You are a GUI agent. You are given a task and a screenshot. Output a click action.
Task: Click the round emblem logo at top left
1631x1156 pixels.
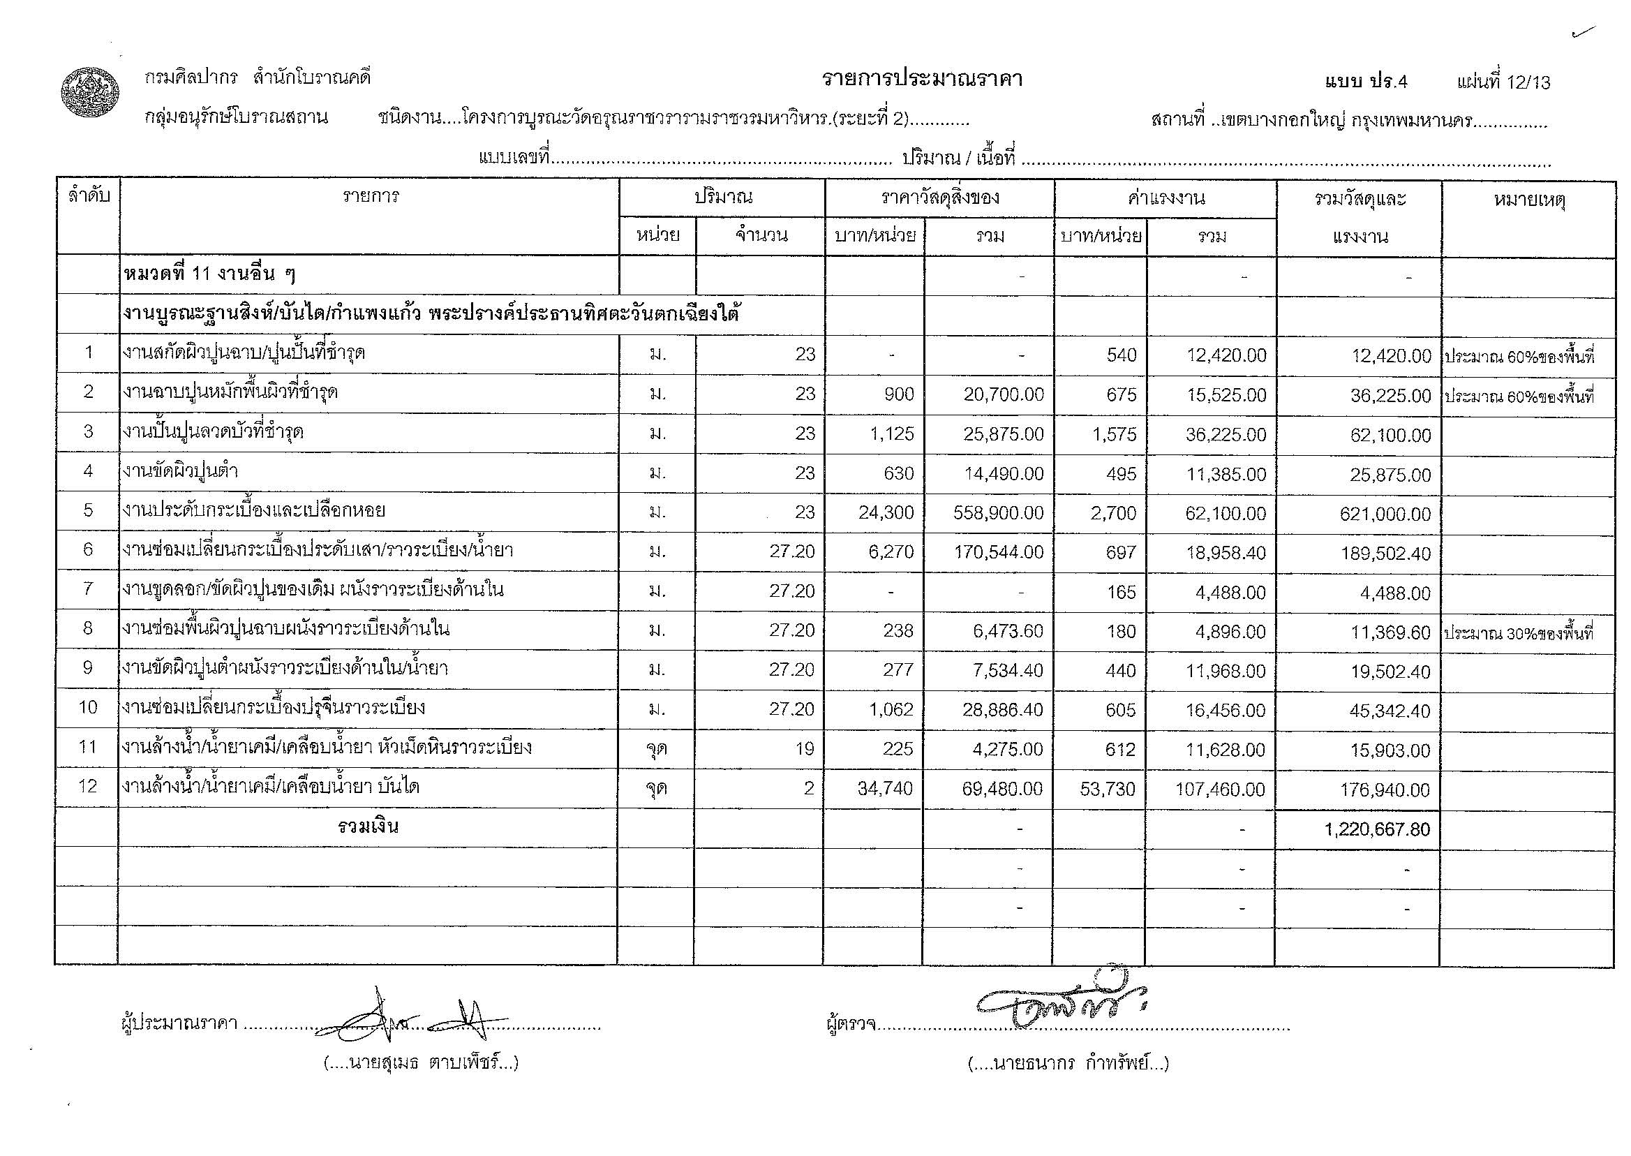pyautogui.click(x=89, y=93)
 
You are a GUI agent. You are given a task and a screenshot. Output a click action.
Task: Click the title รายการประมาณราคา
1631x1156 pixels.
pyautogui.click(x=921, y=79)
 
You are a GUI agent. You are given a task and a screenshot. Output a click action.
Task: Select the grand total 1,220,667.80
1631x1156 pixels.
pyautogui.click(x=1377, y=829)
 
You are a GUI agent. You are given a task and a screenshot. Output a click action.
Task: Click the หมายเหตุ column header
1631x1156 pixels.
pyautogui.click(x=1528, y=200)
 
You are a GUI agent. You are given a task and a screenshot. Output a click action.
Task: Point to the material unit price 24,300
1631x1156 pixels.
pyautogui.click(x=886, y=512)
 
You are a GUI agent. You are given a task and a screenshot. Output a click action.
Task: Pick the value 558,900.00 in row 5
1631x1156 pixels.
pyautogui.click(x=999, y=512)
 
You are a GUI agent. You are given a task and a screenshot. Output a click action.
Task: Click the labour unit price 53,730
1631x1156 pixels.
pyautogui.click(x=1108, y=789)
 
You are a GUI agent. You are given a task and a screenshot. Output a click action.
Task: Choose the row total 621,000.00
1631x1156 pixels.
pyautogui.click(x=1385, y=513)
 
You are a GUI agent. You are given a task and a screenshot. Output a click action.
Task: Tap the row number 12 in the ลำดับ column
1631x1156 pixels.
pyautogui.click(x=87, y=786)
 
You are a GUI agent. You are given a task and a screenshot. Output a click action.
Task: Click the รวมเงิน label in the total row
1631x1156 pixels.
pyautogui.click(x=368, y=827)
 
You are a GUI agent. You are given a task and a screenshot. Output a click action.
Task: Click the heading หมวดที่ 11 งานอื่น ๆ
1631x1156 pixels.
pyautogui.click(x=209, y=275)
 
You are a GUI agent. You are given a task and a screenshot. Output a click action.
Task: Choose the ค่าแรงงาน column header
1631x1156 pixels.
pyautogui.click(x=1165, y=198)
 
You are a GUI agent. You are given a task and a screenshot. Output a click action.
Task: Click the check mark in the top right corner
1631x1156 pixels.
pyautogui.click(x=1584, y=33)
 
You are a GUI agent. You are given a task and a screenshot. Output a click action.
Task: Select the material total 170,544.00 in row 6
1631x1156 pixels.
pyautogui.click(x=999, y=551)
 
